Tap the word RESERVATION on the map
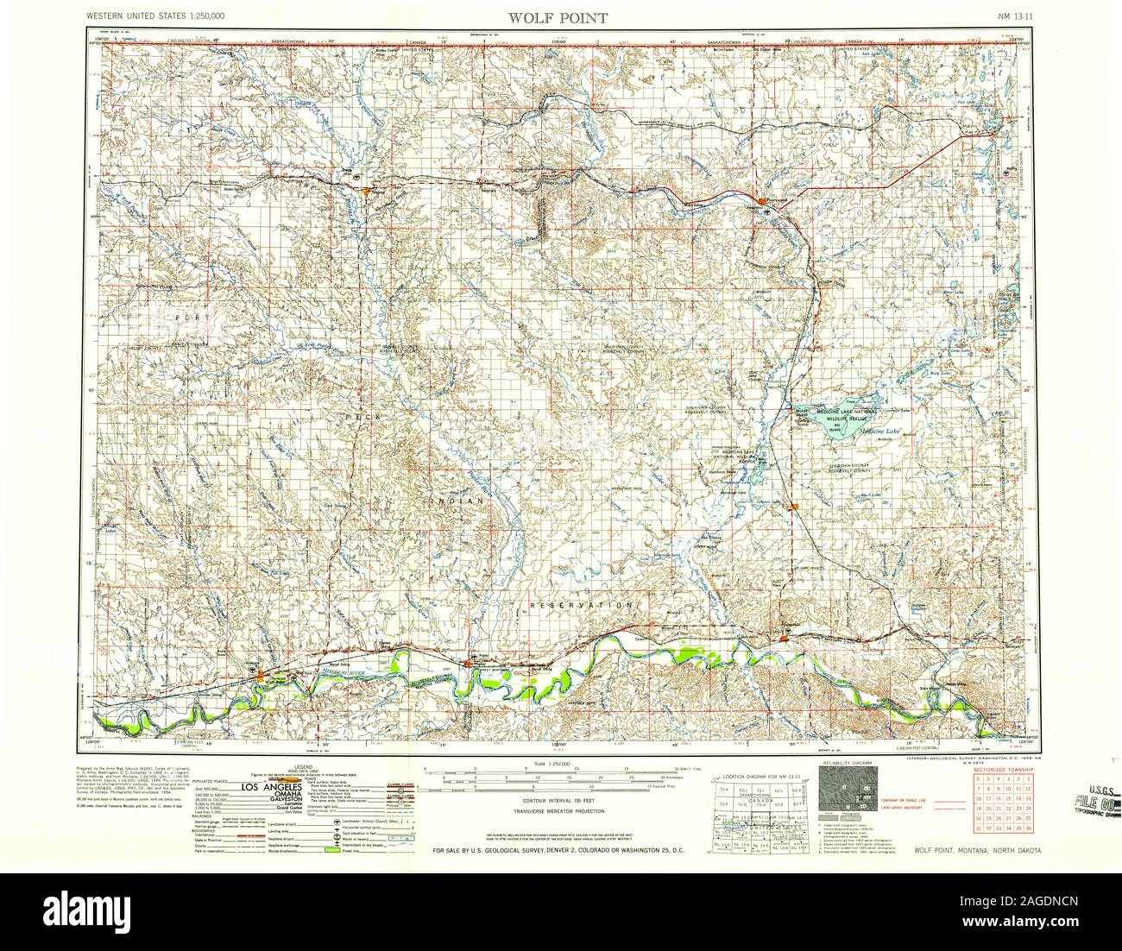583,606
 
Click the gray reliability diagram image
848,791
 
